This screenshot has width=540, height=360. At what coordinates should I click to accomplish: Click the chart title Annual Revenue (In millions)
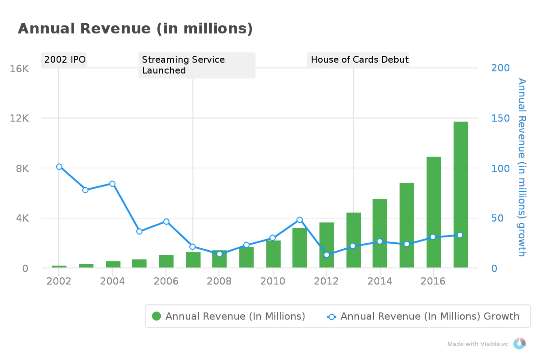click(x=135, y=29)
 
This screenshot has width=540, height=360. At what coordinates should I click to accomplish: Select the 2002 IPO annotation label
click(x=65, y=60)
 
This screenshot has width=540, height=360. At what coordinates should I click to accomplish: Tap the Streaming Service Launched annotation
click(x=183, y=65)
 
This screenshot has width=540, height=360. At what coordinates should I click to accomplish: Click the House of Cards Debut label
click(x=359, y=60)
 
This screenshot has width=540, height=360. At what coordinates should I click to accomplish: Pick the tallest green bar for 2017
click(x=460, y=194)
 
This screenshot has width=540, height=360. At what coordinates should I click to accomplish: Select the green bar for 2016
click(x=434, y=212)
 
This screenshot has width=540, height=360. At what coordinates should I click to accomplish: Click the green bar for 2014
click(x=380, y=233)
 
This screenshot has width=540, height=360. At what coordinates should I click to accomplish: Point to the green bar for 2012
click(x=326, y=245)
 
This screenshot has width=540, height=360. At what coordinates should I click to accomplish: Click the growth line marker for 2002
click(x=59, y=167)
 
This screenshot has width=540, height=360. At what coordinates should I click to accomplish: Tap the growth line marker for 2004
click(x=112, y=184)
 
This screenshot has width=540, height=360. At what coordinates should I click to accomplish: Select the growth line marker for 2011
click(x=299, y=220)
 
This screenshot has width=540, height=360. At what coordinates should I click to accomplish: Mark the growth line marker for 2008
click(x=219, y=254)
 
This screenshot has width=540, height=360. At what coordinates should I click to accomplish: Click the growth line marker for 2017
click(x=460, y=235)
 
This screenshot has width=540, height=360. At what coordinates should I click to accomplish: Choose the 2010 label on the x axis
click(x=273, y=281)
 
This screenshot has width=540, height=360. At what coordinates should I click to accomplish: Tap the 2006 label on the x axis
click(x=166, y=281)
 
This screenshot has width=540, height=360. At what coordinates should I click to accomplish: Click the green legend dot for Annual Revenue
click(x=156, y=316)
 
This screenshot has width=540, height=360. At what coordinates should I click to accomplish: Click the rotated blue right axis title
click(x=522, y=167)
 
